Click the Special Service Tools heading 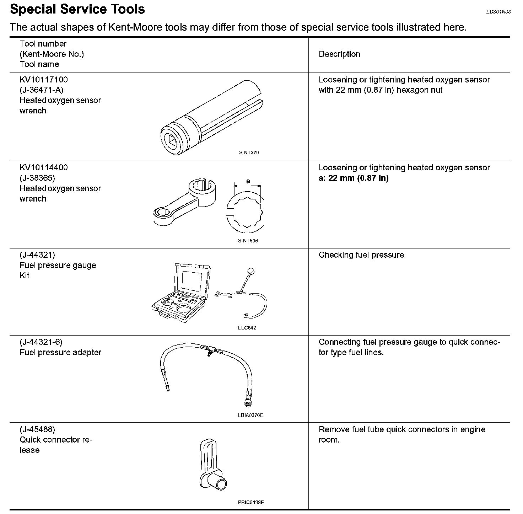click(77, 9)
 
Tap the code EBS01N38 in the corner click(498, 12)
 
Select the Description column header click(339, 54)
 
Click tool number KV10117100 click(44, 80)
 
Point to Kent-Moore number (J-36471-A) click(42, 90)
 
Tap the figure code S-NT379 click(249, 153)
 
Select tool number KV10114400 click(44, 168)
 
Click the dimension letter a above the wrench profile click(248, 181)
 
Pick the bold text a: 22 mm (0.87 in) click(354, 178)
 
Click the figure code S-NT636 click(248, 241)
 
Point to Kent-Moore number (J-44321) click(37, 255)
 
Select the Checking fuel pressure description click(361, 255)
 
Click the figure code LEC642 click(247, 328)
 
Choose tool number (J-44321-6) click(41, 342)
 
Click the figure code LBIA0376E click(250, 415)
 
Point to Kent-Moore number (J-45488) click(37, 429)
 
